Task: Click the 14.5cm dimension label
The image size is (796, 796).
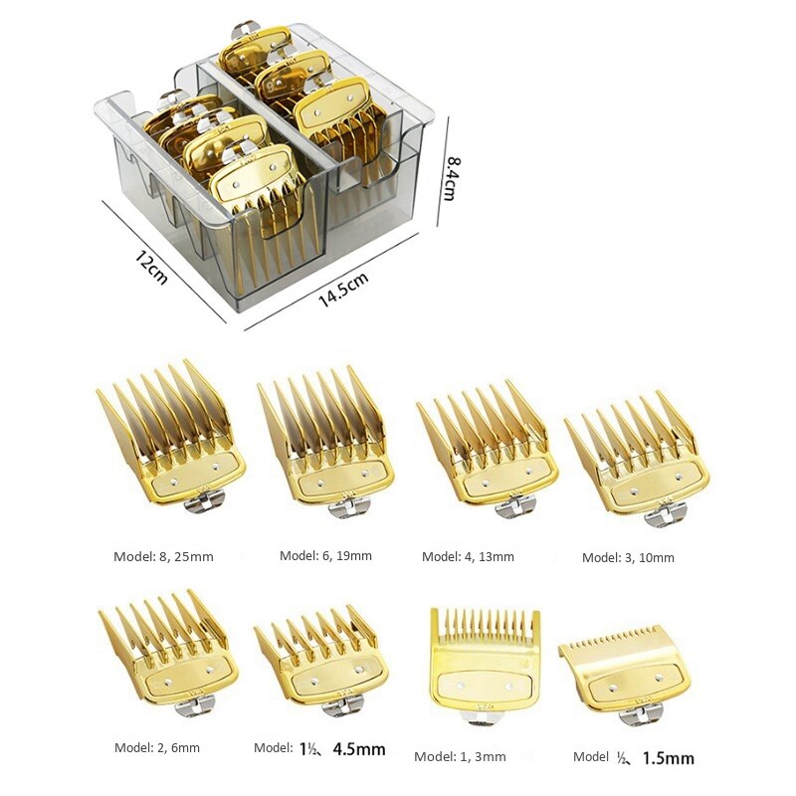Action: (343, 290)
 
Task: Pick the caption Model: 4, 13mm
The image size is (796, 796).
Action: (468, 556)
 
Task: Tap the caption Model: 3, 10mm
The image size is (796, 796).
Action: (628, 557)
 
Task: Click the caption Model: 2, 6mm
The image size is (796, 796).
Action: (157, 747)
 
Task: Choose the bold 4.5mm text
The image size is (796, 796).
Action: (359, 749)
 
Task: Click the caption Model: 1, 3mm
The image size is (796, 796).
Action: (460, 756)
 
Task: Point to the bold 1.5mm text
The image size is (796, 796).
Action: (667, 758)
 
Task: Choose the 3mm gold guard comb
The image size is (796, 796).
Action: (485, 657)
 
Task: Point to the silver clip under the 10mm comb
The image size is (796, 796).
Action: (665, 515)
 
